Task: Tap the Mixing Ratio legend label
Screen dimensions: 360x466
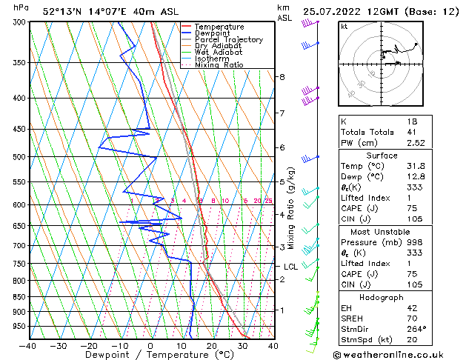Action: (219, 65)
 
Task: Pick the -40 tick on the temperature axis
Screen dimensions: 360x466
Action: (28, 345)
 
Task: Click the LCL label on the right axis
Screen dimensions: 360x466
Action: (290, 267)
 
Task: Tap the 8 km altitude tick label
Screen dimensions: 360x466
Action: (282, 77)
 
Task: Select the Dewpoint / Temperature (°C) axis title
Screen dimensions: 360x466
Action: (152, 355)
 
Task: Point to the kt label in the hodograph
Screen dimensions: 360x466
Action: (344, 27)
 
